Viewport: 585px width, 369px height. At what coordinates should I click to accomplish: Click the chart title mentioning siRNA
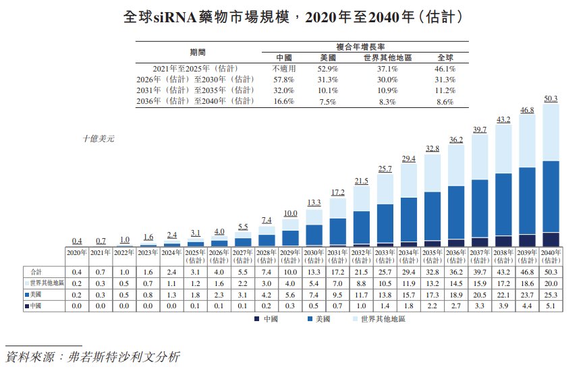pyautogui.click(x=292, y=18)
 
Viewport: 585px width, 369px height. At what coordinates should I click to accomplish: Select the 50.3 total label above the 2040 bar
pyautogui.click(x=550, y=98)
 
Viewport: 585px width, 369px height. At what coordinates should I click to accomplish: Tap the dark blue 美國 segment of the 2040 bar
pyautogui.click(x=550, y=196)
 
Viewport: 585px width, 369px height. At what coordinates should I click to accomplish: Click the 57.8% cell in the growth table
pyautogui.click(x=283, y=80)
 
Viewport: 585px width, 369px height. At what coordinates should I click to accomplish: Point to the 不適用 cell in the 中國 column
pyautogui.click(x=283, y=69)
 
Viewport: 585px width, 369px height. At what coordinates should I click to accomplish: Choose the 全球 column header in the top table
pyautogui.click(x=446, y=58)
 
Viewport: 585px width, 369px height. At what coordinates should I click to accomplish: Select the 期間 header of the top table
pyautogui.click(x=198, y=52)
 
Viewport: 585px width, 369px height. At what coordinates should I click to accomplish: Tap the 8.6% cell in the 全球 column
pyautogui.click(x=446, y=101)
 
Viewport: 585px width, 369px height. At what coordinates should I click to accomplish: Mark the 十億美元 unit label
pyautogui.click(x=99, y=139)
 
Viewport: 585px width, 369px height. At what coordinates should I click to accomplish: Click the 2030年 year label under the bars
pyautogui.click(x=314, y=252)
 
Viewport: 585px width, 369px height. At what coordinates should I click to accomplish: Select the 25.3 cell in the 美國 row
pyautogui.click(x=550, y=295)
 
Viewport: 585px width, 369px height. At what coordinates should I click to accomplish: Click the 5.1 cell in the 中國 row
pyautogui.click(x=550, y=307)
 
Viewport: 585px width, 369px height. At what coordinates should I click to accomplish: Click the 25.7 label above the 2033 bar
pyautogui.click(x=385, y=168)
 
